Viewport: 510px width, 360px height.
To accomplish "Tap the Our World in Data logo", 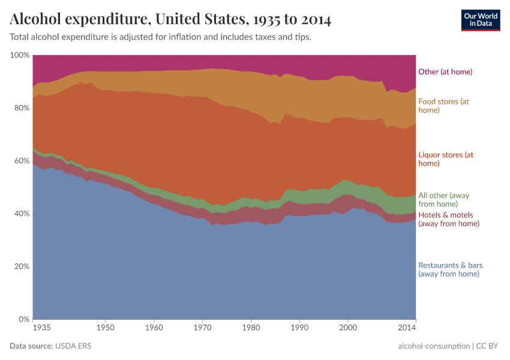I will (480, 20).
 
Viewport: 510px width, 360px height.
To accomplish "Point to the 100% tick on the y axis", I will (20, 55).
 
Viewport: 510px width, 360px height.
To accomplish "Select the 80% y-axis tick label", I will (21, 108).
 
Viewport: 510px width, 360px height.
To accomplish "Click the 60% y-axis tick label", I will (21, 161).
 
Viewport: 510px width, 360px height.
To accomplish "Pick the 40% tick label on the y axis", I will (21, 214).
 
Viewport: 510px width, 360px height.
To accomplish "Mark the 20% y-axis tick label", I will (21, 266).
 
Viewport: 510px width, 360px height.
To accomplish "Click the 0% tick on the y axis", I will (23, 319).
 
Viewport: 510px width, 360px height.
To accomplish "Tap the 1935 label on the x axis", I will (42, 328).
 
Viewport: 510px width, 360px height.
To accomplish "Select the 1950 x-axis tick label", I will (105, 328).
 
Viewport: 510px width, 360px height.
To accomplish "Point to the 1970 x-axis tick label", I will (202, 328).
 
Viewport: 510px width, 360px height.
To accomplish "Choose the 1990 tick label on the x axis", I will (299, 328).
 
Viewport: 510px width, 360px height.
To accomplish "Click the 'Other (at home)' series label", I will (445, 72).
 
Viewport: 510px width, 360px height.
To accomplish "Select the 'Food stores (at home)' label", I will (443, 106).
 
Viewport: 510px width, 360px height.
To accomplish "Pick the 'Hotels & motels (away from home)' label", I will (448, 220).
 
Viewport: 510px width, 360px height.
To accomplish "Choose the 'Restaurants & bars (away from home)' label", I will (449, 269).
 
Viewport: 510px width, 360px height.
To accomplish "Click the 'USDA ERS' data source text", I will (73, 346).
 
